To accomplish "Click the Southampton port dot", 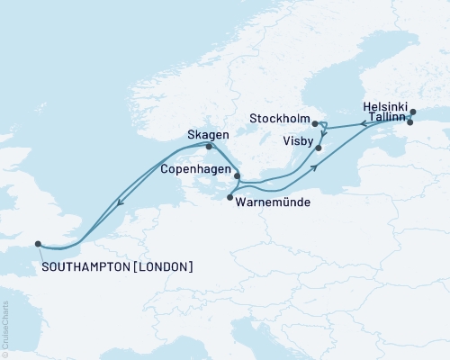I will coord(38,242).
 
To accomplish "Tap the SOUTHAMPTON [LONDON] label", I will coord(117,267).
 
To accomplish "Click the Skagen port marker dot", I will coord(209,147).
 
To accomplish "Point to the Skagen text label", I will coord(207,134).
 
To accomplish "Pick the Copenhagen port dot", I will coord(238,177).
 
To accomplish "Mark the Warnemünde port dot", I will coord(230,197).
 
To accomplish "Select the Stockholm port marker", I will coord(314,123).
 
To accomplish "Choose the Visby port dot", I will coord(319,146).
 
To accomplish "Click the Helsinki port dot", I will coord(413,112).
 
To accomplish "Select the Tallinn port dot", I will coord(410,122).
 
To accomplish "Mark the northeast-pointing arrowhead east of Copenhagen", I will coord(315,167).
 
